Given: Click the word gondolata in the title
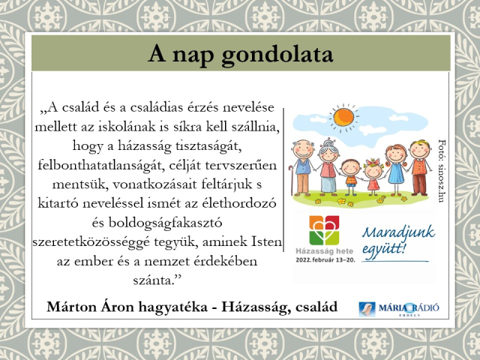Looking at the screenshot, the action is coord(277,55).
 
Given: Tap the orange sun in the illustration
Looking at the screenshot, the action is coord(343,117).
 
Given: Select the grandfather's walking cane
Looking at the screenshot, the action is coord(291,180).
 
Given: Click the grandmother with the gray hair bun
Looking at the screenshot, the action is coord(328,166).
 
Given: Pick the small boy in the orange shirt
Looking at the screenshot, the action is coord(351,177).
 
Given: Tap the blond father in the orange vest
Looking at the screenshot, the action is coord(419,167).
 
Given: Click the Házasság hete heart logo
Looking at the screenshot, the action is coord(324,230).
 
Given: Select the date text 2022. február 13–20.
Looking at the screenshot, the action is coord(325,260).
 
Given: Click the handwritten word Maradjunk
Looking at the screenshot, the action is coord(398,232).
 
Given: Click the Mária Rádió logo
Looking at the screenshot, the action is coord(398,308).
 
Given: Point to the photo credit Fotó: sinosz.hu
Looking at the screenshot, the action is coord(442,171).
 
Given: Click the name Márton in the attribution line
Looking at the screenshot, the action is coord(71,307).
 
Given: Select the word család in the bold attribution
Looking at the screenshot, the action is coord(316,307).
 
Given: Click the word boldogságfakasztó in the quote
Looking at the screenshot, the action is coord(165,223).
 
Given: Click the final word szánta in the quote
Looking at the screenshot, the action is coord(153,280).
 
